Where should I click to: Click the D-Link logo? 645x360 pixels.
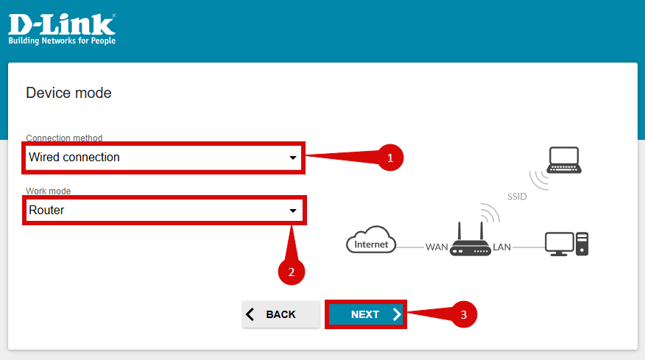pos(61,24)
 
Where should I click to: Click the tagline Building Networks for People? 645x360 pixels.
pos(62,41)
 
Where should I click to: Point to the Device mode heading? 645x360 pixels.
pos(68,93)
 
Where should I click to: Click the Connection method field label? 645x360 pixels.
pos(64,138)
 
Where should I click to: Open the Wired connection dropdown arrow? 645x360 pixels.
pos(292,158)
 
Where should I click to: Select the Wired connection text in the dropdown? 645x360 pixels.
pos(74,158)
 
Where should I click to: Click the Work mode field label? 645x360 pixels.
pos(48,191)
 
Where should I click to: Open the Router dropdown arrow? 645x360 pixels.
pos(292,211)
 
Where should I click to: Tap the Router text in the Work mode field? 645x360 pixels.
pos(46,211)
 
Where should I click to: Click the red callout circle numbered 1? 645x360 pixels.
pos(390,157)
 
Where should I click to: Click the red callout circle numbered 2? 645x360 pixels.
pos(292,271)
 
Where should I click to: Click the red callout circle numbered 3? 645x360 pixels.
pos(463,314)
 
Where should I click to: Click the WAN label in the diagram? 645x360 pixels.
pos(436,247)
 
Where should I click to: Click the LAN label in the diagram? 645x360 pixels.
pos(501,247)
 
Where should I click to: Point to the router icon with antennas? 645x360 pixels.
pos(469,240)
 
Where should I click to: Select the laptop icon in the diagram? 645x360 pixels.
pos(565,160)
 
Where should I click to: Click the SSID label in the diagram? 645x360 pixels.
pos(517,197)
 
